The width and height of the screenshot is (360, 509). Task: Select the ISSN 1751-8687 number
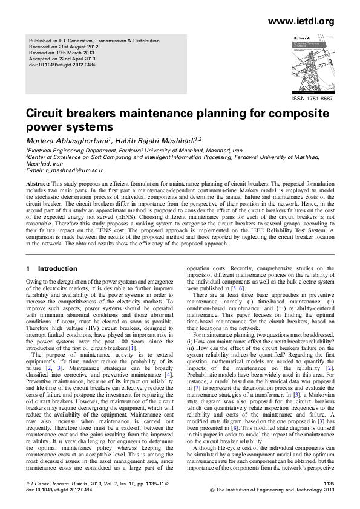pyautogui.click(x=312, y=99)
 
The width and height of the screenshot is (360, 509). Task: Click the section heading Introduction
pyautogui.click(x=57, y=268)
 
